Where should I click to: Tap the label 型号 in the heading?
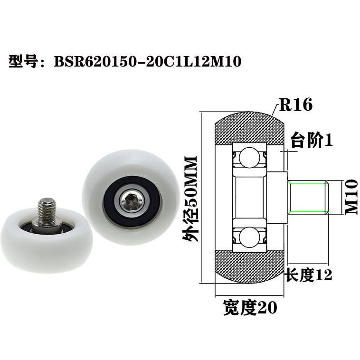(x=23, y=61)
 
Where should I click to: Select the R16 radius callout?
(x=295, y=104)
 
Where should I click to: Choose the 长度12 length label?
(x=307, y=274)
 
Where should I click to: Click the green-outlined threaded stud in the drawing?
(x=308, y=197)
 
